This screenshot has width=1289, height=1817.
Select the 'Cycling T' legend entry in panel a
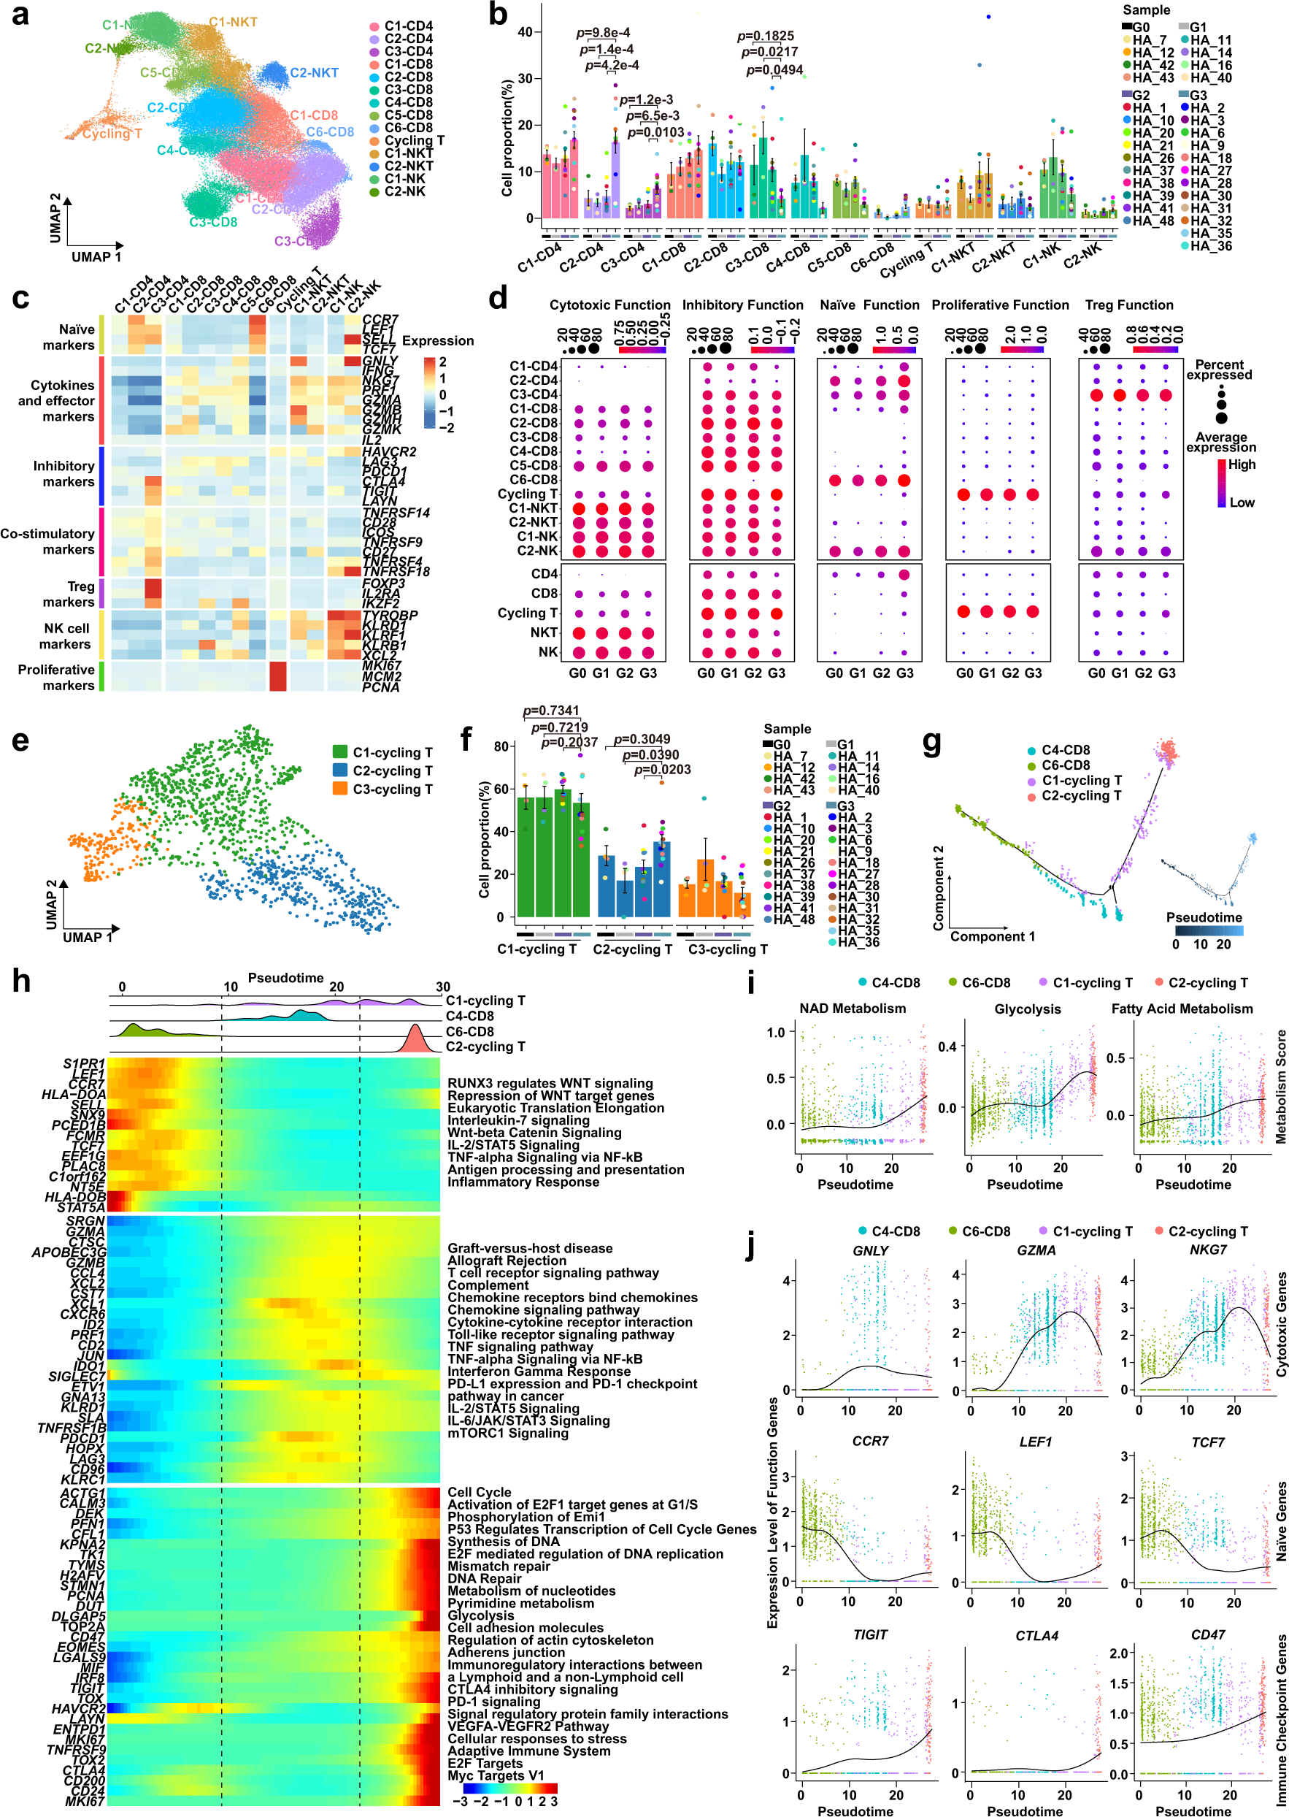(x=415, y=140)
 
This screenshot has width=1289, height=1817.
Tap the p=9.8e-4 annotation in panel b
(x=602, y=33)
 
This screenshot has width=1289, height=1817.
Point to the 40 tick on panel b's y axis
(x=525, y=33)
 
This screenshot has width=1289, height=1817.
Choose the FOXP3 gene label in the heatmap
(x=383, y=584)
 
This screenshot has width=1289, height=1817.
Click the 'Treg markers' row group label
(x=69, y=594)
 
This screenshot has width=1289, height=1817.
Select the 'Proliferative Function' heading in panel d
(x=1000, y=305)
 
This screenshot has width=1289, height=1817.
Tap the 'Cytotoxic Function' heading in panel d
(x=609, y=305)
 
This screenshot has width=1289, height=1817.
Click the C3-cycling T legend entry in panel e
(x=392, y=789)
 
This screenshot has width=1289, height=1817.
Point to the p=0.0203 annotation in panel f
(x=662, y=770)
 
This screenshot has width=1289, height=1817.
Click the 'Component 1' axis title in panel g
(x=992, y=936)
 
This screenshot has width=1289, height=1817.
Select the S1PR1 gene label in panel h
(x=84, y=1063)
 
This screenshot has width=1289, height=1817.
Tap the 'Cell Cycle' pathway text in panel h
(x=480, y=1492)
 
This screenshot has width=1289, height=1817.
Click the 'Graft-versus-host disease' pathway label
(x=529, y=1248)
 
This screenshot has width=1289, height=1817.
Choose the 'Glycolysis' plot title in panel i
(x=1027, y=1009)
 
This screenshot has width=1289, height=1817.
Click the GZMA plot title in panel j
(x=1036, y=1251)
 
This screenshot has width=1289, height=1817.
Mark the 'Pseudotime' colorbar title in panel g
(x=1204, y=918)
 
